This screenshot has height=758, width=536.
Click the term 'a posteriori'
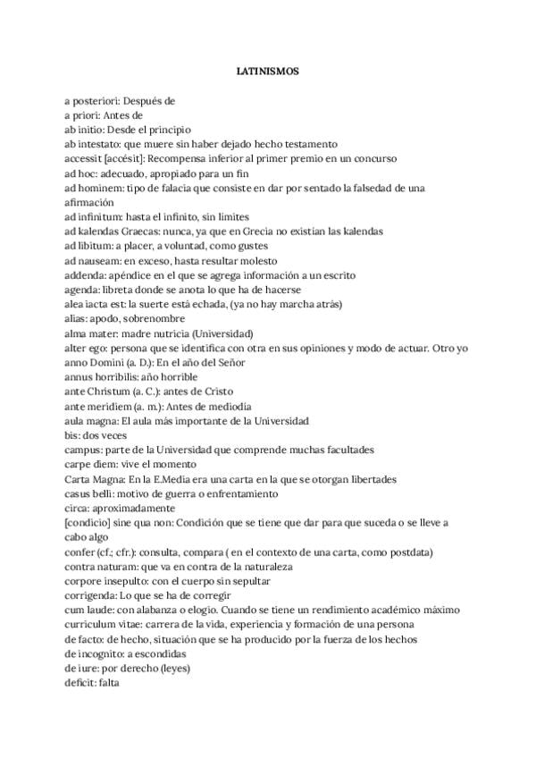[x=91, y=101]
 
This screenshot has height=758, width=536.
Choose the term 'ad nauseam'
[x=93, y=259]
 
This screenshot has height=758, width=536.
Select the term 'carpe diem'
[x=91, y=464]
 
